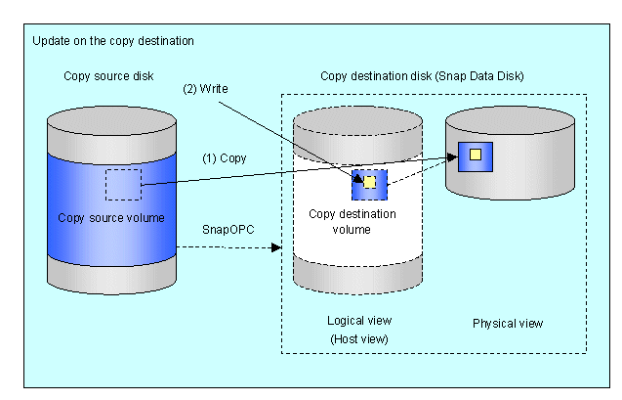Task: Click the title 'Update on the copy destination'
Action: tap(113, 41)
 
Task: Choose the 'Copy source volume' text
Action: tap(111, 216)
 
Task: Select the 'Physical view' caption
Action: tap(508, 322)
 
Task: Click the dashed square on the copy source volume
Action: tap(123, 183)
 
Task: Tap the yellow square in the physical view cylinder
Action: tap(476, 155)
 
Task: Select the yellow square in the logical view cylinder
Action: tap(370, 182)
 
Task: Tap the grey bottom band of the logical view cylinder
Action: tap(358, 278)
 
